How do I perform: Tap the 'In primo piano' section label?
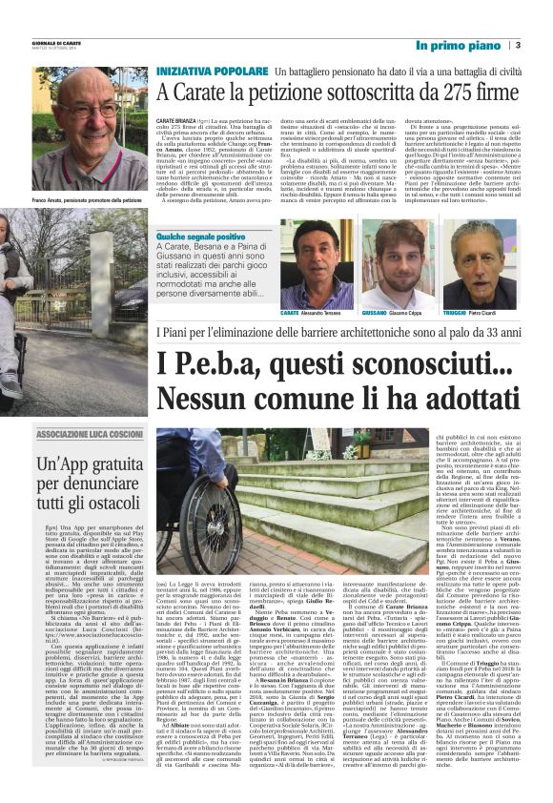pos(457,45)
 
